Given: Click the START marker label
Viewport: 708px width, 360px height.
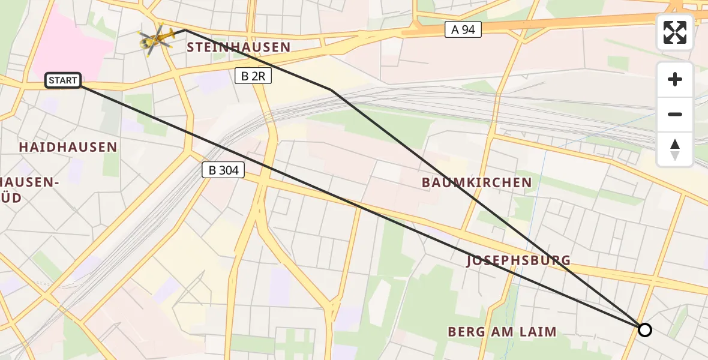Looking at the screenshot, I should click(x=63, y=80).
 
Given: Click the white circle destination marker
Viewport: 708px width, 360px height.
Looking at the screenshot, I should click(x=644, y=330).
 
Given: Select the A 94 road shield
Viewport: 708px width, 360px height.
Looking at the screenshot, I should click(x=463, y=29).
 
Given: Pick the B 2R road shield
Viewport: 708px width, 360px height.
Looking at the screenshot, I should click(x=253, y=76).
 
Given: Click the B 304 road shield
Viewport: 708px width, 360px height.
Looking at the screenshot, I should click(x=223, y=170).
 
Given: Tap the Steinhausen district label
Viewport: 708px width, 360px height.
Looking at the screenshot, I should click(x=239, y=47).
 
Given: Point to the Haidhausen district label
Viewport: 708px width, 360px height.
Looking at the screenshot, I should click(x=68, y=147).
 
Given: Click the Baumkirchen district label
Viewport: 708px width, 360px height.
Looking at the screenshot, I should click(x=476, y=182).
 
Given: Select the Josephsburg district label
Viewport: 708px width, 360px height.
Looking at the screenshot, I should click(x=518, y=260).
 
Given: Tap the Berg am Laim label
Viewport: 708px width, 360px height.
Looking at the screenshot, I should click(x=502, y=331).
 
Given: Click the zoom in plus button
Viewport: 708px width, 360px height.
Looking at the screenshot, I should click(x=675, y=79).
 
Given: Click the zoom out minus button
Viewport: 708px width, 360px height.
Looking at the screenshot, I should click(x=675, y=115).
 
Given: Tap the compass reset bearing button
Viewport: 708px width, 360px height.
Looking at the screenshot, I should click(x=675, y=149).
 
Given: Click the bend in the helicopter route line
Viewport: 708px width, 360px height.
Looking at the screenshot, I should click(x=331, y=90).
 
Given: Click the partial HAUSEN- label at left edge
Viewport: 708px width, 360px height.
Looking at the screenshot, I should click(x=29, y=182).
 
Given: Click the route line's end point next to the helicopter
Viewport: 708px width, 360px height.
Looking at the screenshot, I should click(x=184, y=29).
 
